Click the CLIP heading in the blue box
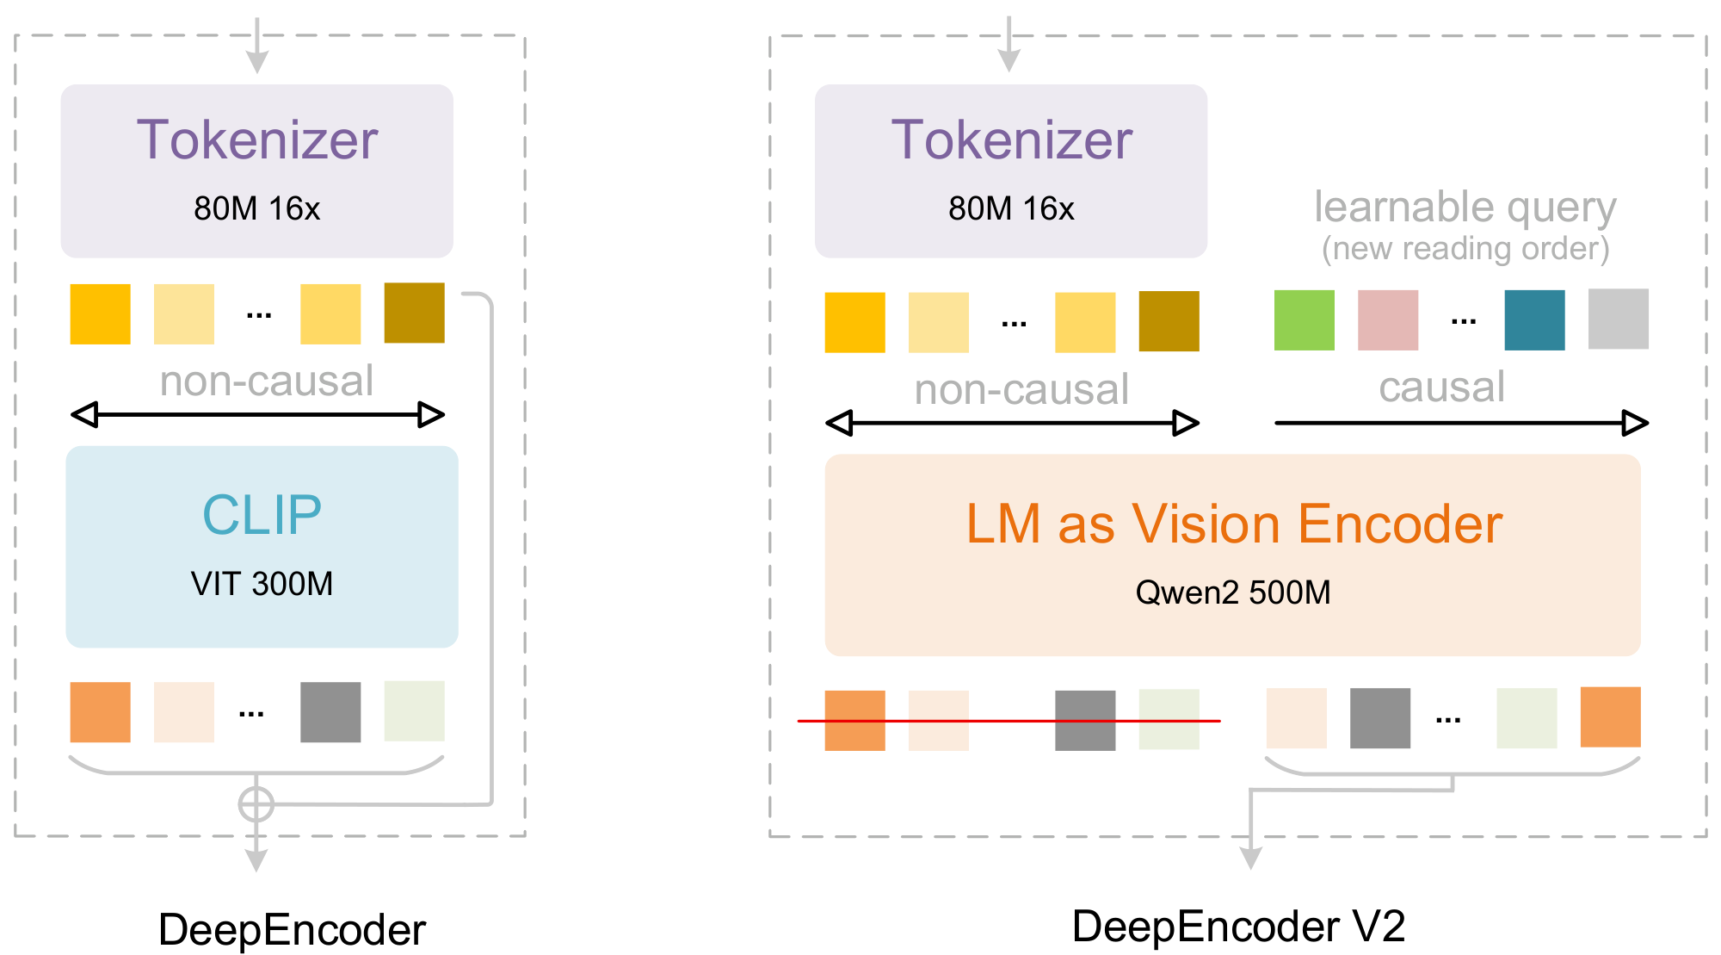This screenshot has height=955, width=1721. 262,515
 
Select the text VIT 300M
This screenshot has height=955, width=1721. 262,584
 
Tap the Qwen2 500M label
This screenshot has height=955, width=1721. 1232,592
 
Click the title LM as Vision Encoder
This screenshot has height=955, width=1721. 1232,524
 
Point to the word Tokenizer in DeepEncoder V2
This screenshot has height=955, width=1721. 1011,140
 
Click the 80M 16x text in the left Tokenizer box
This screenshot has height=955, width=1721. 256,208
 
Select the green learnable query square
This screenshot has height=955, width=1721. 1304,320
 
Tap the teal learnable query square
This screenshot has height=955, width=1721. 1534,320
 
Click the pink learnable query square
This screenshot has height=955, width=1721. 1387,320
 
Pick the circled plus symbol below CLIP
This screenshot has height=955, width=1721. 256,804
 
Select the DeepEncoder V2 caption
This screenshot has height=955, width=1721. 1237,927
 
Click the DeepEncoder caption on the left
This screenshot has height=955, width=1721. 292,930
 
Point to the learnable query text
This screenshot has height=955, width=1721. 1465,207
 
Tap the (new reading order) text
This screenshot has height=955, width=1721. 1465,249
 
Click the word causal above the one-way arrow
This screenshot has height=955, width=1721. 1441,387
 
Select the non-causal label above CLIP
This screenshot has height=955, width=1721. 266,381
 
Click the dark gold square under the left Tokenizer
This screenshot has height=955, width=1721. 414,313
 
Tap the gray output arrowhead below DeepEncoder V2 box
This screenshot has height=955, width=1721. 1250,858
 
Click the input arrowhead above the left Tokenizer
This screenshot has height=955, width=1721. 256,62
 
